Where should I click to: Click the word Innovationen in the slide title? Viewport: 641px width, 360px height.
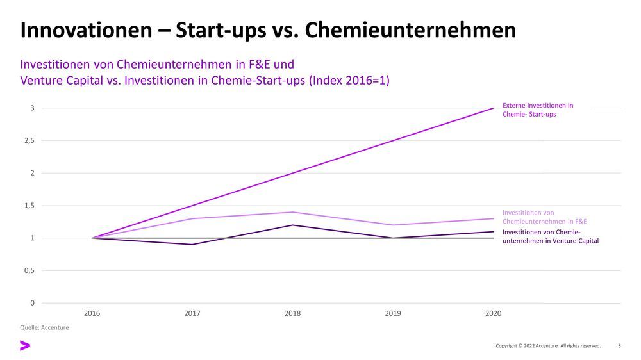(82, 30)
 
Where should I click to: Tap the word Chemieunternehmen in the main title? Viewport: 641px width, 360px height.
(410, 30)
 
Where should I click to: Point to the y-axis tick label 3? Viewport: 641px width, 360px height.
(32, 108)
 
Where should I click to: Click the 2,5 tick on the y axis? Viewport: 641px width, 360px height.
(29, 140)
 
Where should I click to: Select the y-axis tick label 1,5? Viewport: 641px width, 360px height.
(29, 206)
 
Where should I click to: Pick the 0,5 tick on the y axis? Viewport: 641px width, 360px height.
(29, 270)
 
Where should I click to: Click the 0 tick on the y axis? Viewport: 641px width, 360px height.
(32, 303)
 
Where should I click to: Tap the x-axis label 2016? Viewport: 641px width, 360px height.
(92, 314)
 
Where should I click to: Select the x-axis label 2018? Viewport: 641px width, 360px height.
(292, 314)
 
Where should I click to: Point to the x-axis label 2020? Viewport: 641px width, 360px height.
(493, 314)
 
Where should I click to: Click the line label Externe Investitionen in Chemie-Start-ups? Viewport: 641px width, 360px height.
(537, 110)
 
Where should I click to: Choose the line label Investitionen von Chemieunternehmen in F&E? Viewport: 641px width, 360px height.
(544, 217)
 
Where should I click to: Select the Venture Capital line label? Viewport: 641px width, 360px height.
(550, 236)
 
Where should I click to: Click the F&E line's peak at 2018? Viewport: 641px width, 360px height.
(293, 212)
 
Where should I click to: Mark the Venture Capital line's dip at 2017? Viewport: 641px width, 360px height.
(192, 244)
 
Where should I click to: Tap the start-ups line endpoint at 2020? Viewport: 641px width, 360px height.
(493, 108)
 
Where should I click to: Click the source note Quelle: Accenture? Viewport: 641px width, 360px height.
(45, 328)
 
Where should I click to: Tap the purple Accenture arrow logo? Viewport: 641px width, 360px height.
(25, 346)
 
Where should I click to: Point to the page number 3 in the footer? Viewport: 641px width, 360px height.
(619, 346)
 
